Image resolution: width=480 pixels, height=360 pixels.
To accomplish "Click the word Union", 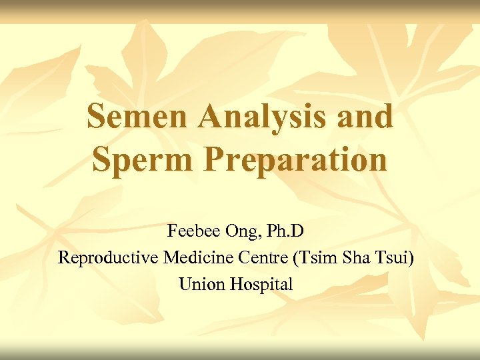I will (x=202, y=284).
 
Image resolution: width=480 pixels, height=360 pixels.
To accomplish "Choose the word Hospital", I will (x=262, y=285).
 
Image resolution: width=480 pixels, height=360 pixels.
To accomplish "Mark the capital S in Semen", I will (x=97, y=117).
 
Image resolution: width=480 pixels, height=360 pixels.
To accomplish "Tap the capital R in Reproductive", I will (x=64, y=257).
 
